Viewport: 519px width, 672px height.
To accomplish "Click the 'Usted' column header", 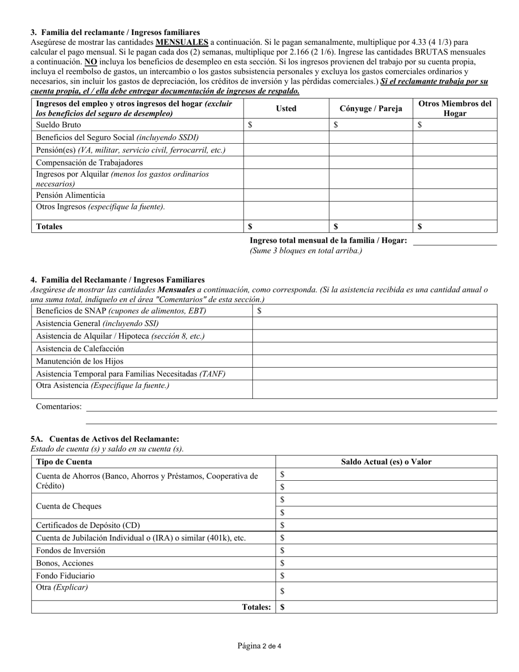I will [286, 108].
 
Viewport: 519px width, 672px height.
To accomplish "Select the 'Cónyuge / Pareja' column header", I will [370, 108].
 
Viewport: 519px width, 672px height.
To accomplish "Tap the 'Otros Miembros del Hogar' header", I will [455, 108].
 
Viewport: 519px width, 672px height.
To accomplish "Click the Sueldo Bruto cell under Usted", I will [286, 125].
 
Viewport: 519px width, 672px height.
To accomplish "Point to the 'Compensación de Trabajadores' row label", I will [90, 162].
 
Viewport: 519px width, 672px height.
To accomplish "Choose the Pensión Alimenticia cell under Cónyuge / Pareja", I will [370, 195].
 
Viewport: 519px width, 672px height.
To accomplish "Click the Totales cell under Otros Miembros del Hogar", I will [455, 226].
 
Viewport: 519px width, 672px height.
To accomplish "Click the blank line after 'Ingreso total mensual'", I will [455, 241].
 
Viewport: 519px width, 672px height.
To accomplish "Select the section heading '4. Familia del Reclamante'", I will [117, 280].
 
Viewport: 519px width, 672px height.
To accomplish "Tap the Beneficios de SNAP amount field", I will [374, 311].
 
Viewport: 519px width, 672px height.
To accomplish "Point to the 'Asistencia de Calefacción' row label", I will [80, 349].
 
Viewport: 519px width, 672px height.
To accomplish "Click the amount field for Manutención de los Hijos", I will [374, 361].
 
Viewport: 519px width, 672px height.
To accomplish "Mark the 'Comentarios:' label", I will [59, 406].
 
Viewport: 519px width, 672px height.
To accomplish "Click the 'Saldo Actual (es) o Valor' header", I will [386, 462].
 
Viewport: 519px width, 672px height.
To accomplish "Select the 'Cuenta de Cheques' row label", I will [69, 506].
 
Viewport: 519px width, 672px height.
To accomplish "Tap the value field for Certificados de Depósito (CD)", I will [386, 525].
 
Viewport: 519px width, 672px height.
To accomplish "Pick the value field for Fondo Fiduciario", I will [386, 575].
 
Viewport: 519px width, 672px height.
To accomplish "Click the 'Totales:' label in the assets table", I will [256, 607].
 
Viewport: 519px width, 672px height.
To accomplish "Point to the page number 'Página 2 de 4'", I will [259, 646].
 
